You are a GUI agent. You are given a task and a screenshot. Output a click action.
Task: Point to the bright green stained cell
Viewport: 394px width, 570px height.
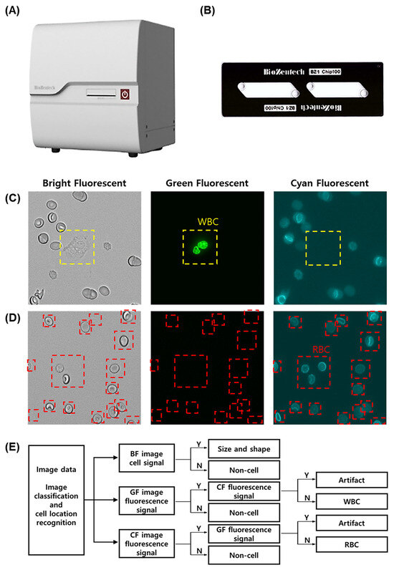click(x=200, y=248)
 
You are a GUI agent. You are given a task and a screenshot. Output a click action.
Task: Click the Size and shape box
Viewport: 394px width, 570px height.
click(x=243, y=449)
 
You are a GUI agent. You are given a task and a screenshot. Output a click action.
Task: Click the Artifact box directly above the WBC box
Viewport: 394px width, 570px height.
click(x=351, y=480)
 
